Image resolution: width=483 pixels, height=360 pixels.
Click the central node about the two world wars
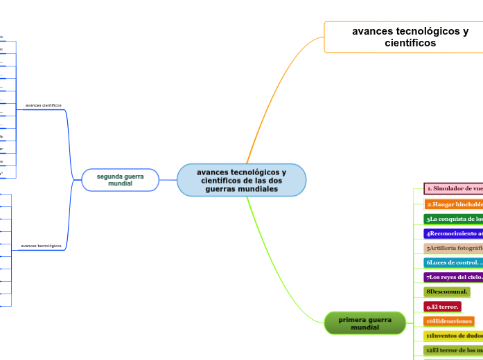coord(241,180)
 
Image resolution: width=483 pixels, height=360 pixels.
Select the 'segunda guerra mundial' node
coord(120,180)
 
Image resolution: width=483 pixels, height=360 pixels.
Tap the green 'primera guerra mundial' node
coord(365,323)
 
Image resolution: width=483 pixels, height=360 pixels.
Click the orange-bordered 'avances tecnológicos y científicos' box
coord(403,37)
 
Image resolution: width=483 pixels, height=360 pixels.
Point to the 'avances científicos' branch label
coord(43,105)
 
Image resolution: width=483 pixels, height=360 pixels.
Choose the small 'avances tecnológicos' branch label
coord(41,246)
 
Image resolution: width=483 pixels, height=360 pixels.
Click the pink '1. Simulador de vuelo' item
coord(453,188)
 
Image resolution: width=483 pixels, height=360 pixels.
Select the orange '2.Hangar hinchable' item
coord(453,204)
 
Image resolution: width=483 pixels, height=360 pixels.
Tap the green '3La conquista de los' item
coord(453,219)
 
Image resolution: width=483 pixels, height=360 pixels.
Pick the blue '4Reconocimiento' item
coord(453,233)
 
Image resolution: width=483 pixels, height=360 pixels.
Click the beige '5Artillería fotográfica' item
coord(453,248)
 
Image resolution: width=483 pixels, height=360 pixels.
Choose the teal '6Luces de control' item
coord(453,262)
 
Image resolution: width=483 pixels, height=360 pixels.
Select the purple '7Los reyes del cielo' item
coord(453,277)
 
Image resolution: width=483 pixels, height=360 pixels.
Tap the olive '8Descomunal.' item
coord(447,291)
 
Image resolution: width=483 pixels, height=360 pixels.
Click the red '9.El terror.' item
coord(442,306)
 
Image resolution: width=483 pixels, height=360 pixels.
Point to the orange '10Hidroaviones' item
coord(449,321)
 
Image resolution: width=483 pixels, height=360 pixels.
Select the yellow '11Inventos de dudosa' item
coord(453,335)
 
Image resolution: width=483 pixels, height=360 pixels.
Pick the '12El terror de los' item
coord(453,350)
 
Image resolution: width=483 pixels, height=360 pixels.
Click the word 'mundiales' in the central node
coord(241,189)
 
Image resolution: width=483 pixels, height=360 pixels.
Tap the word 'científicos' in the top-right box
coord(410,43)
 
